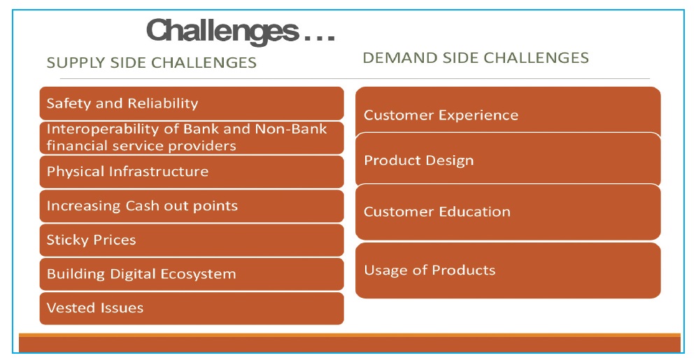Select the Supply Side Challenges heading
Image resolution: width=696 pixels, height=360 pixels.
[x=151, y=62]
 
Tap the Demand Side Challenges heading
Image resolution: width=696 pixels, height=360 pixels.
[x=476, y=57]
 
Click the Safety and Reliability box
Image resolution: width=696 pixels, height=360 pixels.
[x=192, y=103]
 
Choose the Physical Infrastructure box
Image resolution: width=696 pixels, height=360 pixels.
[x=192, y=171]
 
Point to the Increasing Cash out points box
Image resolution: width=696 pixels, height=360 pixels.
[x=192, y=206]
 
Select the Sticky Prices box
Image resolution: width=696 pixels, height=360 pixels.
[x=192, y=240]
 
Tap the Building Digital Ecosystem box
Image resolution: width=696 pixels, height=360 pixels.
[x=192, y=274]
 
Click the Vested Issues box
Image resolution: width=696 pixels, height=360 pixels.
[x=192, y=308]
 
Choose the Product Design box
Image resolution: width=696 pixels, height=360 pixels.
[x=508, y=159]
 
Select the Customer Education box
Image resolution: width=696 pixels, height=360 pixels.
[x=508, y=212]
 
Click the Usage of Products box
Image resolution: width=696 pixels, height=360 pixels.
[x=508, y=271]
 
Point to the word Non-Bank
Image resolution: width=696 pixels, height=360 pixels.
[x=291, y=129]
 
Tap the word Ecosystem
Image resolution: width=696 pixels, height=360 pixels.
[x=198, y=275]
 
